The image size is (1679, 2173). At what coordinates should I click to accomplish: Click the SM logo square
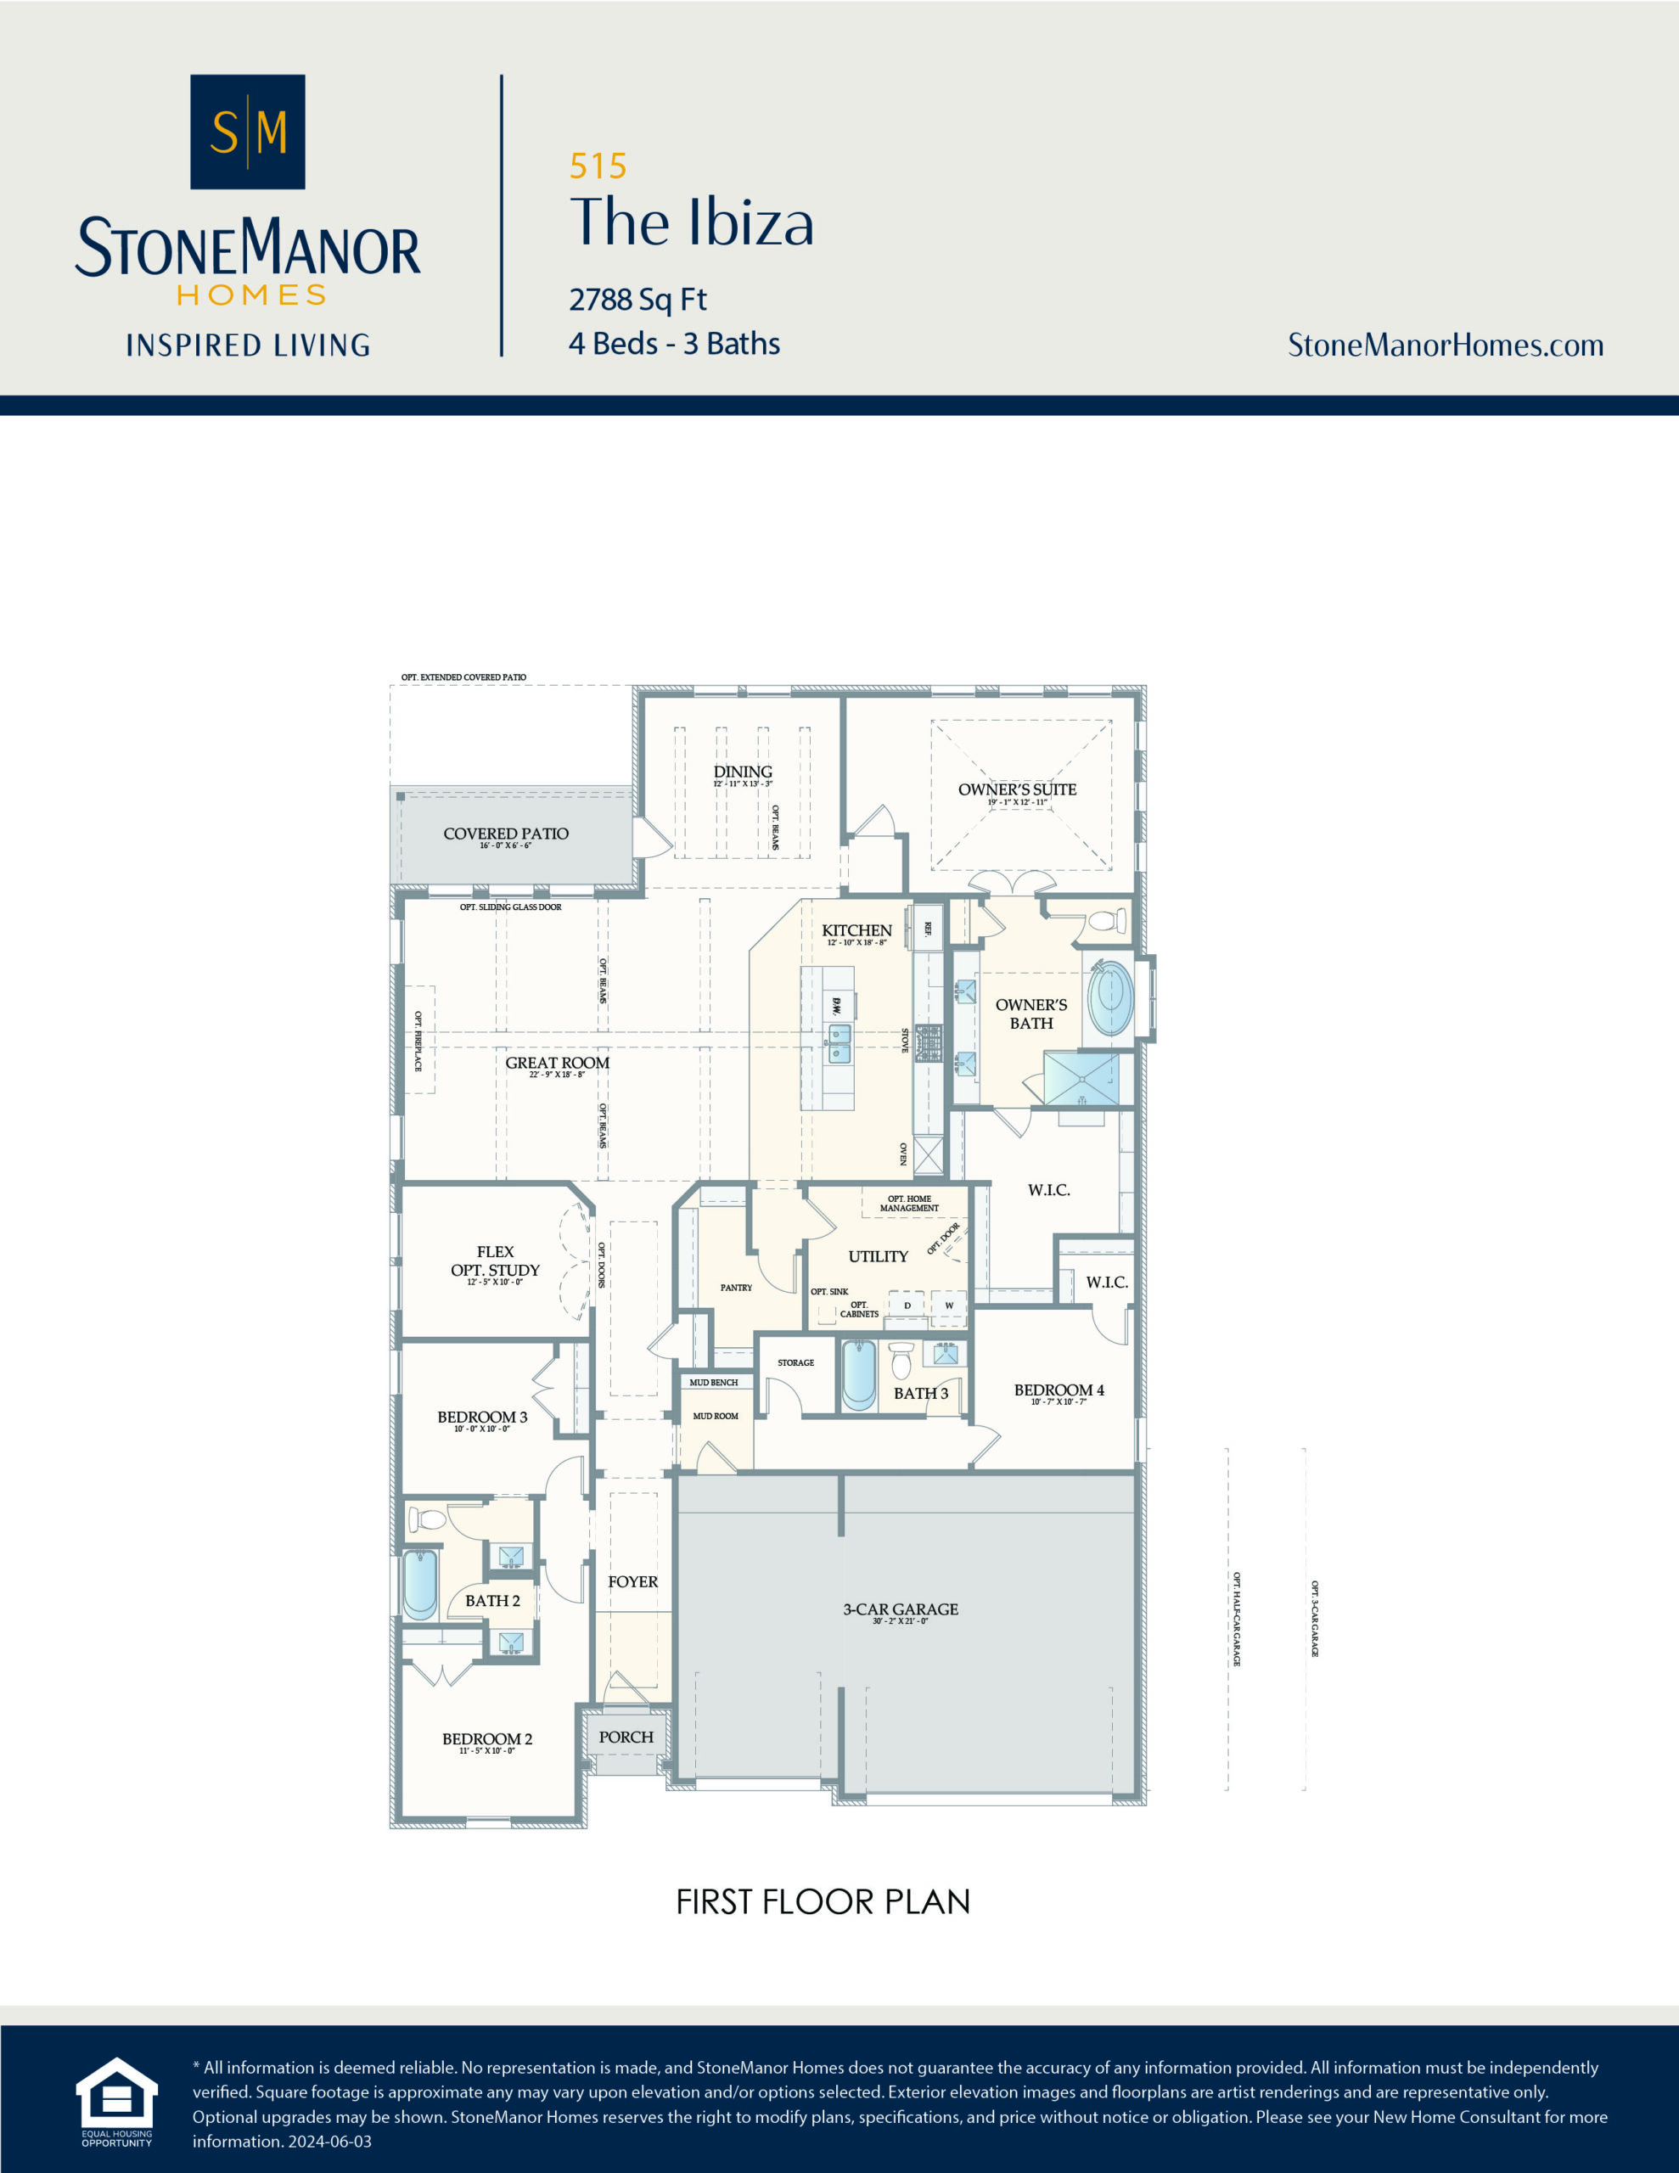pos(247,132)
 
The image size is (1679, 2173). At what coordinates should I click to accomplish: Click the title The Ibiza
pos(691,223)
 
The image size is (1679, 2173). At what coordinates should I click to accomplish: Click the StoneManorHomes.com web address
pos(1445,345)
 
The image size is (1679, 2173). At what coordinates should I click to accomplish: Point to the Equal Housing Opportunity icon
pos(116,2102)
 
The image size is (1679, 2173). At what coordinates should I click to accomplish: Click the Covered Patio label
pos(506,834)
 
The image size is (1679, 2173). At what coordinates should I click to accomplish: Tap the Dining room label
pos(743,772)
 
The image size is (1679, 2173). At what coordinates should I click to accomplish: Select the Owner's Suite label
pos(1016,789)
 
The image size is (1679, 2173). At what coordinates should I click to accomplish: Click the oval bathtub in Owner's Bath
pos(1109,997)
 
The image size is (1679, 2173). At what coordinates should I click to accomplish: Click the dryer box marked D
pos(907,1305)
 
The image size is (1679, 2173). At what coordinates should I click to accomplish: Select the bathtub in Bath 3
pos(858,1376)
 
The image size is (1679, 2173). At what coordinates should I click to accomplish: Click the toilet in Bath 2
pos(428,1519)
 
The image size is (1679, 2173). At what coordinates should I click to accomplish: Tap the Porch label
pos(626,1736)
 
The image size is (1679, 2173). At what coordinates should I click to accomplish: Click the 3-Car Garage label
pos(900,1609)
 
